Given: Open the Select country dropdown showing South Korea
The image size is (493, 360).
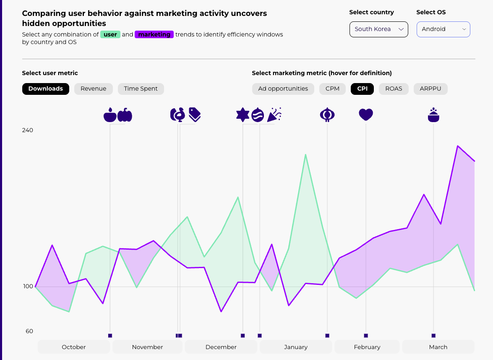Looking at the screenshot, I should pyautogui.click(x=378, y=29).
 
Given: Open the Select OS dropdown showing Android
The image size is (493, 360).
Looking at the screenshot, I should pyautogui.click(x=443, y=29).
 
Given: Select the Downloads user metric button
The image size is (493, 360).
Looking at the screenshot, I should pyautogui.click(x=46, y=89).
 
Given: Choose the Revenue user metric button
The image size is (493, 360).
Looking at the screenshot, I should pyautogui.click(x=94, y=89).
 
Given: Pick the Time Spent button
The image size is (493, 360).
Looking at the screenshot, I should pyautogui.click(x=141, y=89).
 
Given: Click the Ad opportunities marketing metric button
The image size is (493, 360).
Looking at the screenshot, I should pyautogui.click(x=283, y=89).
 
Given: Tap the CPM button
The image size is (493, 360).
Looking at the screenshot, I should pyautogui.click(x=332, y=89).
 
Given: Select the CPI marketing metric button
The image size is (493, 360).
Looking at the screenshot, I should pyautogui.click(x=362, y=89).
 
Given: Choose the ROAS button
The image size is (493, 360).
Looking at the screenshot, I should pyautogui.click(x=394, y=89).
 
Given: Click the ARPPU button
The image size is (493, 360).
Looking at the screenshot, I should pyautogui.click(x=430, y=89).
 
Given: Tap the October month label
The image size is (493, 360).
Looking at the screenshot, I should pyautogui.click(x=74, y=347).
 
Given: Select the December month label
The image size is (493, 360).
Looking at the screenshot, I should pyautogui.click(x=221, y=347).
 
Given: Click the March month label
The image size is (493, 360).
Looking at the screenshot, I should pyautogui.click(x=438, y=347).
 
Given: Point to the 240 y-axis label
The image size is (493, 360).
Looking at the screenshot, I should pyautogui.click(x=27, y=130).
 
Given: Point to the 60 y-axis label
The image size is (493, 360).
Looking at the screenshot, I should pyautogui.click(x=29, y=331).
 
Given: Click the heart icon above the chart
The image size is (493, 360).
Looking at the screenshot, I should pyautogui.click(x=366, y=115).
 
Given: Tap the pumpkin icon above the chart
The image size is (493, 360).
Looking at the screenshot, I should pyautogui.click(x=125, y=115).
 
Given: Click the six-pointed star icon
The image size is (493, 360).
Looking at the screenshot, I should pyautogui.click(x=243, y=115).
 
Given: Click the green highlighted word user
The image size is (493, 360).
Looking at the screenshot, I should pyautogui.click(x=110, y=35).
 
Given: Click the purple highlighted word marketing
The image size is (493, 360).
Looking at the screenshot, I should pyautogui.click(x=154, y=35).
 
